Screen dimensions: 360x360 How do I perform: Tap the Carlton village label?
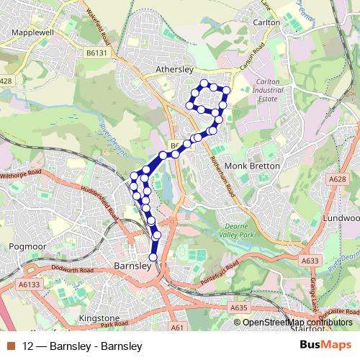tap(266, 22)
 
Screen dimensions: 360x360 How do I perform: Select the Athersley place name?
tap(175, 70)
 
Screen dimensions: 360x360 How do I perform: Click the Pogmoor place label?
tap(27, 246)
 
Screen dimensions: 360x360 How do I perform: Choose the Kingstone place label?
tap(99, 318)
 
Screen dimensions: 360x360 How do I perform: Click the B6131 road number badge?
tap(96, 53)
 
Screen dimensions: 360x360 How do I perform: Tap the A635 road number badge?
tap(239, 307)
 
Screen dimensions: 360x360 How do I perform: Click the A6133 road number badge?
tap(30, 284)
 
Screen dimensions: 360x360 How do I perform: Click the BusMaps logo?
tap(325, 346)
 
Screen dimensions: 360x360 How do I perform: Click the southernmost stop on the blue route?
tap(153, 257)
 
